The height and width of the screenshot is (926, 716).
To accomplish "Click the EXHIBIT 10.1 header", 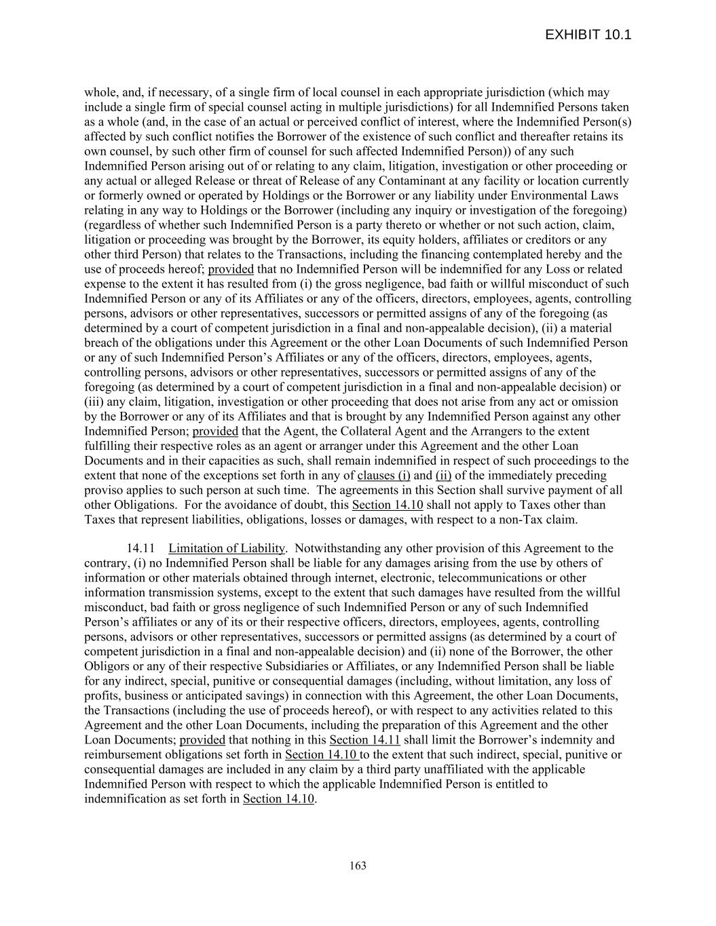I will pos(588,35).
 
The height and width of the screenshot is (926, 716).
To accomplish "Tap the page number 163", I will pos(358,866).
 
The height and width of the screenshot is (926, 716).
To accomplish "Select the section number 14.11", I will pos(141,548).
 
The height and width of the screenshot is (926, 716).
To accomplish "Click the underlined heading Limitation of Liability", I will pos(227,548).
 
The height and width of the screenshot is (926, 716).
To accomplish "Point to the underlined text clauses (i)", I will pos(383,476).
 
